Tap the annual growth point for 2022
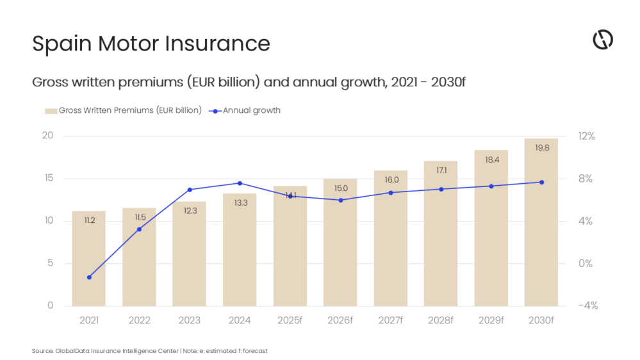click(139, 229)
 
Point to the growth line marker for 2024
click(240, 183)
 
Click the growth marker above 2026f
click(340, 200)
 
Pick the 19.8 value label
click(541, 148)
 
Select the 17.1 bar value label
click(441, 170)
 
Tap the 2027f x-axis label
click(390, 320)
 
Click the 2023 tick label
click(189, 320)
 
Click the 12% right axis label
click(587, 136)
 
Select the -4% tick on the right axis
click(587, 306)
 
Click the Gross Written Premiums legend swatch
click(51, 110)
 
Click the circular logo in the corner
click(602, 40)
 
